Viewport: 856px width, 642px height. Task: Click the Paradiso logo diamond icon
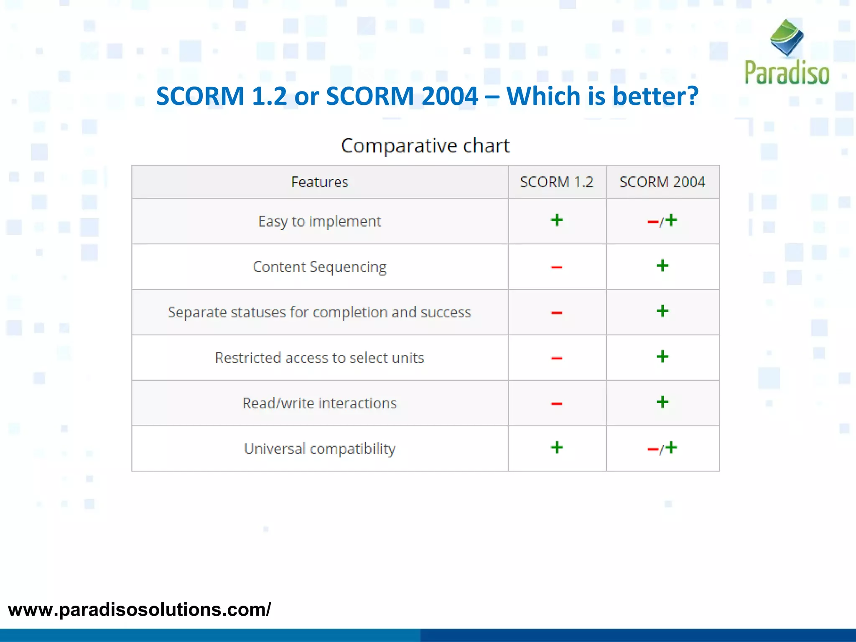[x=787, y=38]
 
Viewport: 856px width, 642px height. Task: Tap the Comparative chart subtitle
[x=425, y=145]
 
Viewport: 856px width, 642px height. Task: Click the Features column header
[x=320, y=182]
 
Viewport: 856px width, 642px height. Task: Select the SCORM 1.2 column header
[x=556, y=182]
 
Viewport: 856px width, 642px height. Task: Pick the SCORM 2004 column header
[x=662, y=182]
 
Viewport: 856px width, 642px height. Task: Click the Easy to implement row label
[x=320, y=221]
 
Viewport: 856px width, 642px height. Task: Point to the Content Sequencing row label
[x=320, y=267]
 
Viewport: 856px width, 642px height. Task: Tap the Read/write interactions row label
[x=320, y=403]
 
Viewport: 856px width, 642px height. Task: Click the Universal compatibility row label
[x=320, y=449]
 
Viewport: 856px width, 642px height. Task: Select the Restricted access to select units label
[x=320, y=358]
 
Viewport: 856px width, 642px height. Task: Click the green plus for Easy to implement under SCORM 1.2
[x=557, y=220]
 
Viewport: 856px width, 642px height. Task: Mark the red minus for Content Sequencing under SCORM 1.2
[x=557, y=267]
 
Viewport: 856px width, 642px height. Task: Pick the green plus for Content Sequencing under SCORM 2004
[x=662, y=265]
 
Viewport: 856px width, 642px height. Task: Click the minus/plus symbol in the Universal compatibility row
[x=662, y=448]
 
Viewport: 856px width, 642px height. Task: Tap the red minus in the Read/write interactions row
[x=557, y=404]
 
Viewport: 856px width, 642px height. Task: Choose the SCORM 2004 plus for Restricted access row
[x=662, y=357]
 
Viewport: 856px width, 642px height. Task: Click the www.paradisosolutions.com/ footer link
[x=140, y=610]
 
